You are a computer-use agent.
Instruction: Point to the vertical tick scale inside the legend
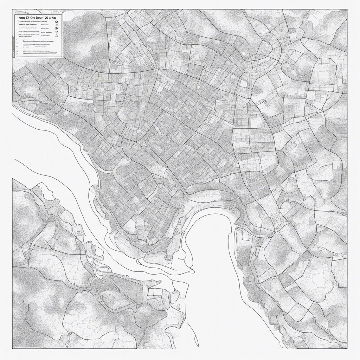[x=15, y=47]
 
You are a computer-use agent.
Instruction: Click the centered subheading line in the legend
[x=38, y=41]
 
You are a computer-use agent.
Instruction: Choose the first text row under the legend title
[x=33, y=22]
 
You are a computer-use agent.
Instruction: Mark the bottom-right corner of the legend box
[x=62, y=57]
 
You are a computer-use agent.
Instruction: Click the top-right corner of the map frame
[x=347, y=9]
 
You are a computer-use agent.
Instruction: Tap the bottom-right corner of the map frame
[x=347, y=348]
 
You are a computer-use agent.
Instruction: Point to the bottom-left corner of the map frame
[x=13, y=348]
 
